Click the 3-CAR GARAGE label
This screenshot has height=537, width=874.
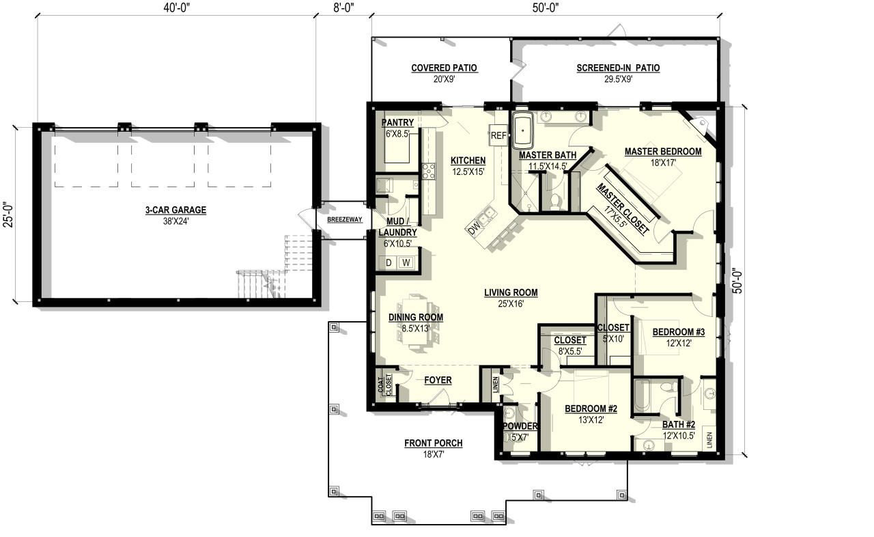[175, 210]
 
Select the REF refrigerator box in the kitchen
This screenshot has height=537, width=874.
[498, 136]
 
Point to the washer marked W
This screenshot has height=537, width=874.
[406, 262]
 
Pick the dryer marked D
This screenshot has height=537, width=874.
[389, 262]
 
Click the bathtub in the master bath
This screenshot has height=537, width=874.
[523, 132]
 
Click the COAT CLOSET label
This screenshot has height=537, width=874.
[384, 384]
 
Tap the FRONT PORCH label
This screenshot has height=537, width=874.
[433, 443]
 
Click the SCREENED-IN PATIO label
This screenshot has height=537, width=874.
[617, 68]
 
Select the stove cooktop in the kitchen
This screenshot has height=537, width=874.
[429, 171]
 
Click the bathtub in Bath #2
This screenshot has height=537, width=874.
[643, 397]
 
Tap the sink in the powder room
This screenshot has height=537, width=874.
[509, 414]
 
